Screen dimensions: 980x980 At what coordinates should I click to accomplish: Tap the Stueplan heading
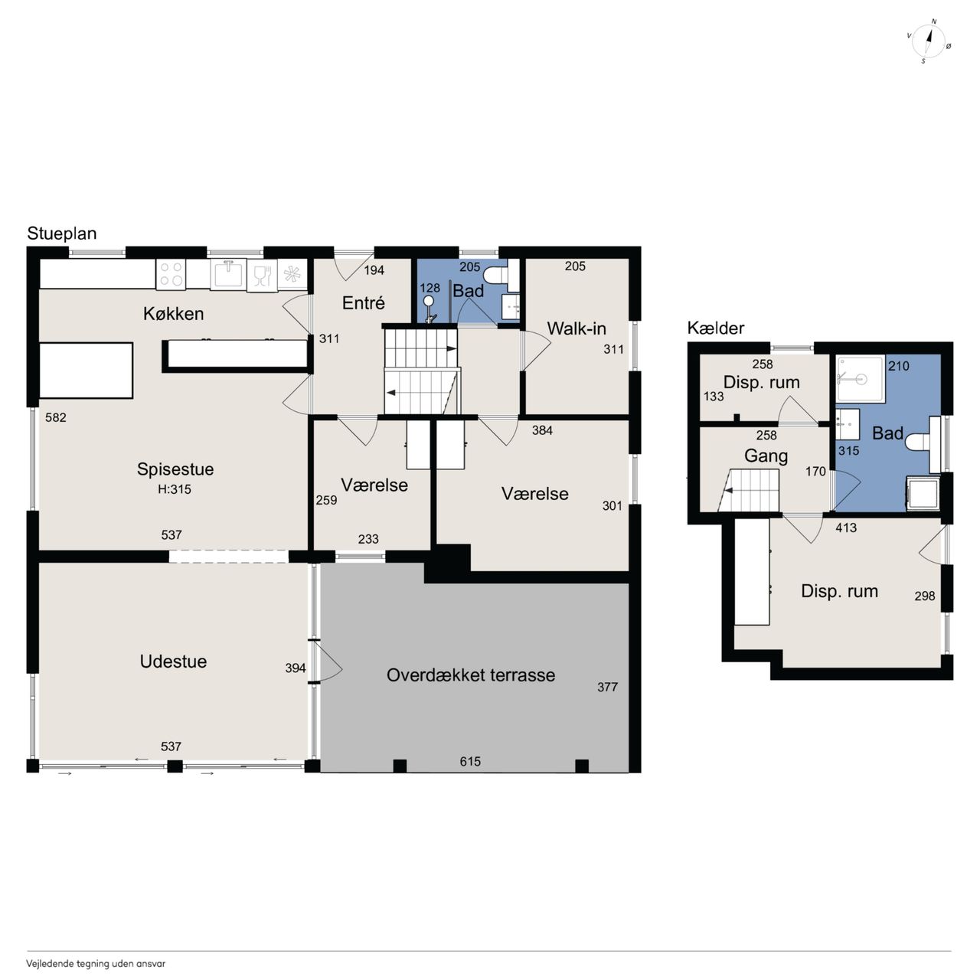click(x=61, y=234)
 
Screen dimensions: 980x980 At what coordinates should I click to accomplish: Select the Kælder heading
click(x=716, y=328)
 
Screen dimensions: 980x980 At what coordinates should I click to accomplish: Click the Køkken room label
click(x=174, y=314)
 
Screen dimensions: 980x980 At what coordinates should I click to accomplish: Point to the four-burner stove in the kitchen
click(x=171, y=274)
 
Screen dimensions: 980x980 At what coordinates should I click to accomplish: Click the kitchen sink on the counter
click(x=228, y=274)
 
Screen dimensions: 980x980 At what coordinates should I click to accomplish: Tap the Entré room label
click(x=363, y=303)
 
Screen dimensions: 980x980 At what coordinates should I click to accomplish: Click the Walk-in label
click(x=577, y=328)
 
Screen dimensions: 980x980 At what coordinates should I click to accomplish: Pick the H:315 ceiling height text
click(x=175, y=489)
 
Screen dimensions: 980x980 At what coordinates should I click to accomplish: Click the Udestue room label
click(x=174, y=661)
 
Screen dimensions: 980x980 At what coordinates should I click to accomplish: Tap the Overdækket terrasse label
click(x=470, y=675)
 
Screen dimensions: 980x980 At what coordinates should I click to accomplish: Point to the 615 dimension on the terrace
click(x=470, y=761)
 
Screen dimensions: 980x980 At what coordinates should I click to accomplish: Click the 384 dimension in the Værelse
click(x=542, y=430)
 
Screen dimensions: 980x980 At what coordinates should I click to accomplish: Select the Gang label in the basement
click(x=766, y=456)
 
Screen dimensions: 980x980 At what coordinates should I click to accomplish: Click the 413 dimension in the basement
click(x=846, y=528)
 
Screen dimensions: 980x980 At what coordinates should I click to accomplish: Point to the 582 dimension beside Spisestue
click(x=56, y=417)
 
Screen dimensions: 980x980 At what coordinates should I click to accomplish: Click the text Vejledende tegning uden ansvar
click(x=96, y=964)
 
